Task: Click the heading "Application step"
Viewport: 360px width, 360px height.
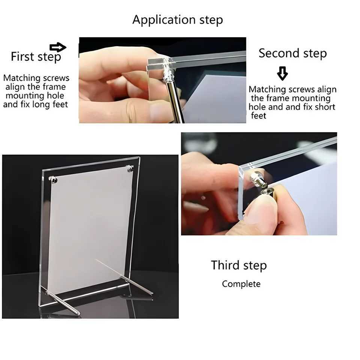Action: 177,19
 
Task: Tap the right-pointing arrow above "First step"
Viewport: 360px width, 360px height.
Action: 58,47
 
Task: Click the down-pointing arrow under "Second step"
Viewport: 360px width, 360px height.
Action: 282,73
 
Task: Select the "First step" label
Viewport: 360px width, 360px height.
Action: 36,57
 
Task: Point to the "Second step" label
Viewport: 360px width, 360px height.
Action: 292,53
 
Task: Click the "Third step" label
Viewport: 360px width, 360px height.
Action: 238,265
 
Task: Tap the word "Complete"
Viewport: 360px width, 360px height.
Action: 241,284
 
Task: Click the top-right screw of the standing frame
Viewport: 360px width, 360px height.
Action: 130,169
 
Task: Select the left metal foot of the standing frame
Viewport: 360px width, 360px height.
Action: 62,302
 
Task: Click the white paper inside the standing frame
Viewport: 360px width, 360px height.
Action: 88,229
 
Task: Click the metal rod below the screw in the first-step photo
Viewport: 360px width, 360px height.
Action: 175,103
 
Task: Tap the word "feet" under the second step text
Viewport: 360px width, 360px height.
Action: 258,115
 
